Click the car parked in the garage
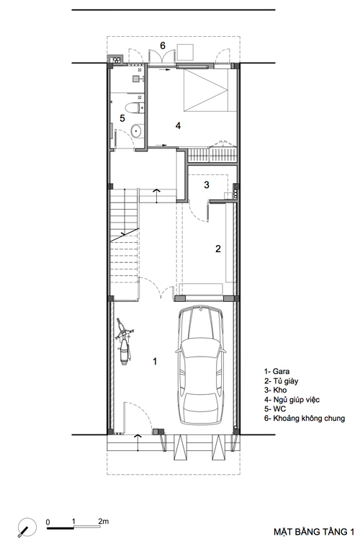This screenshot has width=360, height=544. pyautogui.click(x=200, y=365)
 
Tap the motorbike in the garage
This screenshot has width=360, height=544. pyautogui.click(x=124, y=341)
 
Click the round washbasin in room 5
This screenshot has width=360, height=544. pyautogui.click(x=135, y=130)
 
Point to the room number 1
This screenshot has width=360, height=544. pyautogui.click(x=155, y=361)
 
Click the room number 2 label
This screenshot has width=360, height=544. pyautogui.click(x=218, y=249)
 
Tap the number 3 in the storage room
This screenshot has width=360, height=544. pyautogui.click(x=207, y=184)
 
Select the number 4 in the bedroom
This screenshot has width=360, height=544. pyautogui.click(x=178, y=125)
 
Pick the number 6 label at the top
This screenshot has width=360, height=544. pyautogui.click(x=163, y=45)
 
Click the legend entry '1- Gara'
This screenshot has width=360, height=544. pyautogui.click(x=276, y=372)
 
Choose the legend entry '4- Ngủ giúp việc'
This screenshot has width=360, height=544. pyautogui.click(x=292, y=400)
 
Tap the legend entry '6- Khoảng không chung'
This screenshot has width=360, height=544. pyautogui.click(x=305, y=419)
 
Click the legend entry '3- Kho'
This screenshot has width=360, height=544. pyautogui.click(x=275, y=391)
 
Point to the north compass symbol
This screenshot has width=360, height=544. pyautogui.click(x=27, y=527)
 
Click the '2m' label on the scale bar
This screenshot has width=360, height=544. pyautogui.click(x=103, y=521)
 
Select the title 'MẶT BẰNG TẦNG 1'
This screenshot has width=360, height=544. pyautogui.click(x=314, y=532)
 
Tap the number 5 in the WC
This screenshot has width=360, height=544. pyautogui.click(x=122, y=118)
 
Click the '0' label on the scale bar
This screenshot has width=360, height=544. pyautogui.click(x=48, y=522)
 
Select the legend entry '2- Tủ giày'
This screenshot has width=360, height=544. pyautogui.click(x=282, y=381)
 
